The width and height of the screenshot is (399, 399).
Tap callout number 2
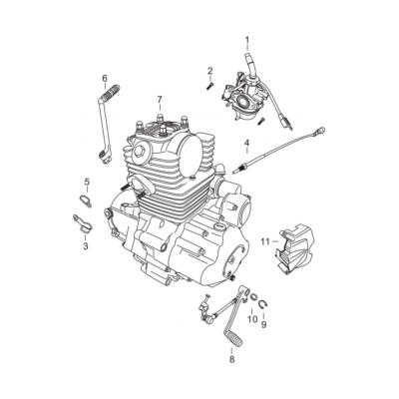click(x=210, y=70)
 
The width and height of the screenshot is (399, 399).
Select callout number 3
click(x=85, y=244)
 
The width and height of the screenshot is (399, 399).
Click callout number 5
click(x=86, y=182)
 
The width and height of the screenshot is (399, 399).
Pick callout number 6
click(x=104, y=78)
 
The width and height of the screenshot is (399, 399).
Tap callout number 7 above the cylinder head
click(x=159, y=99)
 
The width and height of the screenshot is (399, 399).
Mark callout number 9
click(x=264, y=324)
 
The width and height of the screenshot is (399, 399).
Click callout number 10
click(x=251, y=318)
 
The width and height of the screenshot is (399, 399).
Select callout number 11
click(x=264, y=240)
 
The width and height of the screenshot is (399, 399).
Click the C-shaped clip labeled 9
click(x=262, y=306)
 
